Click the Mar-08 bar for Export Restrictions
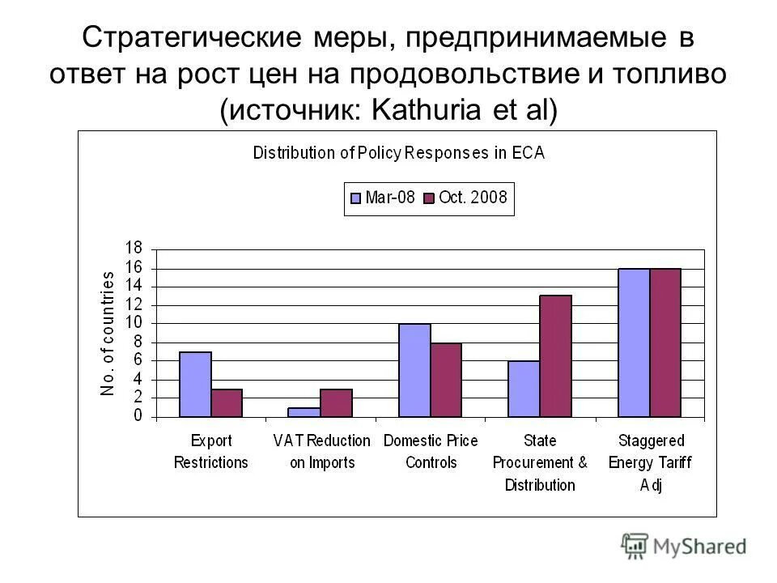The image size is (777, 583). coord(195,385)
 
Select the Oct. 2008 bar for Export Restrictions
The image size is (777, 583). coord(227,403)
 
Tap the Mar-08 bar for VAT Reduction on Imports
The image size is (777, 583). coord(304,412)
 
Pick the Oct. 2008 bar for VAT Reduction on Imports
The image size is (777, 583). coord(336,403)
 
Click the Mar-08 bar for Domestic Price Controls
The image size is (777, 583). coord(414,371)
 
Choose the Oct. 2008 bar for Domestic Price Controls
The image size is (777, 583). coord(446,381)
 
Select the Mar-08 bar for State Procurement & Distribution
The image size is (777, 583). coord(524,389)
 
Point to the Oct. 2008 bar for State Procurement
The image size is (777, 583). coord(556,356)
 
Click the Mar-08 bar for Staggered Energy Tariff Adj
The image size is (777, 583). coord(634,343)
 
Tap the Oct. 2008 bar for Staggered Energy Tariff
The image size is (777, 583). coord(665,343)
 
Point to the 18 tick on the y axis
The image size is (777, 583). coord(134,248)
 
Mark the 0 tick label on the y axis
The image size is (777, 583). coord(138,416)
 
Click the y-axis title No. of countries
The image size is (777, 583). coord(108,333)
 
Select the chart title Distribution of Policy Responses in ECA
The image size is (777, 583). coord(399,153)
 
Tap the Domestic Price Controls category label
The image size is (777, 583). coord(431,452)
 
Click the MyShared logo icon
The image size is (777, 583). coord(636,546)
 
